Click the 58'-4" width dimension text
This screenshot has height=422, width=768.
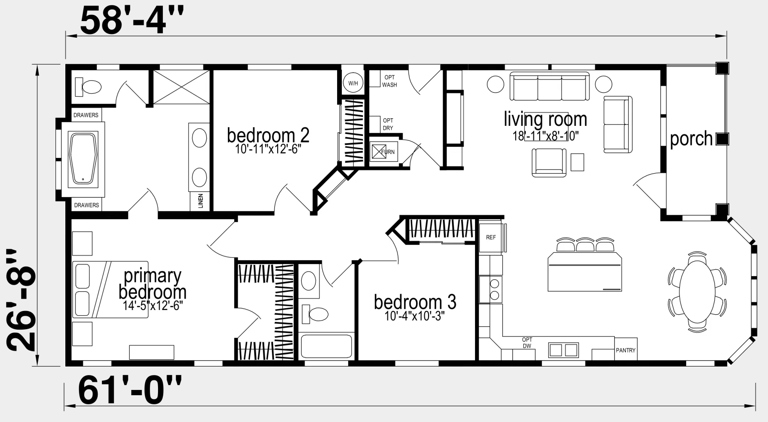click(x=132, y=21)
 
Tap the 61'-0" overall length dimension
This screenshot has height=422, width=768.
click(x=130, y=390)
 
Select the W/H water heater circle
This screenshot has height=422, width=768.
click(x=353, y=83)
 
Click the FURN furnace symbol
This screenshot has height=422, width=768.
click(x=384, y=151)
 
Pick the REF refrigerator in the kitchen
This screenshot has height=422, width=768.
click(x=491, y=237)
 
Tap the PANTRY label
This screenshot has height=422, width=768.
click(x=626, y=350)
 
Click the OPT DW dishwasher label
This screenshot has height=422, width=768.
click(x=527, y=343)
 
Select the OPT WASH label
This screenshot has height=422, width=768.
click(x=389, y=81)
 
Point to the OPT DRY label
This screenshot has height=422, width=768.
click(x=388, y=124)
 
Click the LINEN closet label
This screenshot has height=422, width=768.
click(x=201, y=201)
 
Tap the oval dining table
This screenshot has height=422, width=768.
click(x=697, y=292)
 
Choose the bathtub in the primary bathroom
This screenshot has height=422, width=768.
click(x=83, y=159)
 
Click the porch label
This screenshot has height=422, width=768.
click(x=691, y=139)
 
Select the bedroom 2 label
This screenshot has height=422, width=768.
click(x=268, y=135)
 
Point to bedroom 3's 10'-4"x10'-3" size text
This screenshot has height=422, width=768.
click(x=415, y=316)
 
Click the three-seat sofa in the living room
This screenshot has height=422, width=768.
click(x=549, y=86)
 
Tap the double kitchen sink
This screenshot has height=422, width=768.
click(x=564, y=350)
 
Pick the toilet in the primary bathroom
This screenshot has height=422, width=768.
click(x=88, y=87)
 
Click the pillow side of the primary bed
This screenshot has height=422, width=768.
click(x=83, y=290)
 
